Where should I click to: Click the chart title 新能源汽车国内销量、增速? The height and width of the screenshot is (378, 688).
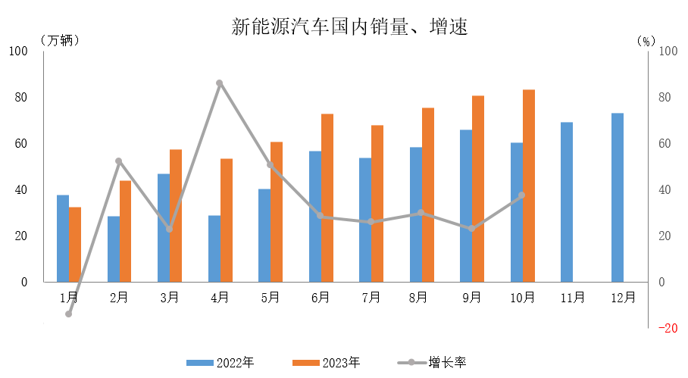(x=349, y=28)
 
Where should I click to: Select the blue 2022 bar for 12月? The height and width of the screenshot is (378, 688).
(x=618, y=198)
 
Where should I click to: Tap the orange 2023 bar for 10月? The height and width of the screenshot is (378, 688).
(x=529, y=186)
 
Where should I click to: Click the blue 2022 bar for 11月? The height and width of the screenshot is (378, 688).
(x=567, y=201)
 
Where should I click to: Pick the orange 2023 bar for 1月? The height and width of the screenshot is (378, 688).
(x=75, y=244)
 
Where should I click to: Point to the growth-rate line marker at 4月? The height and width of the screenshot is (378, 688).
(x=220, y=83)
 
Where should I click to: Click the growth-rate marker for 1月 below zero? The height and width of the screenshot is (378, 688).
(x=69, y=314)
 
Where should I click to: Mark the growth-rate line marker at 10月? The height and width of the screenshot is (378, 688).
(x=521, y=195)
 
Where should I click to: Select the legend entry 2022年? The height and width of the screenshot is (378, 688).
(x=220, y=363)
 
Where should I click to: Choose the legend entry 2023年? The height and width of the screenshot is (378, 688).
(x=327, y=363)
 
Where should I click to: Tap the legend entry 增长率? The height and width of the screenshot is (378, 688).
(x=433, y=363)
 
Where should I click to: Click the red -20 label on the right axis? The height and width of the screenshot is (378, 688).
(x=668, y=329)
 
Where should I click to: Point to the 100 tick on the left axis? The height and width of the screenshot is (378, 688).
(x=17, y=52)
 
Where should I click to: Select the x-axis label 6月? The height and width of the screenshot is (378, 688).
(x=321, y=298)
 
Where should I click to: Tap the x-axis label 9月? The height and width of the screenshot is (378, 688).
(x=472, y=298)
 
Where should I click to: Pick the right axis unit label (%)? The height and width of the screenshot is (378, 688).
(x=646, y=40)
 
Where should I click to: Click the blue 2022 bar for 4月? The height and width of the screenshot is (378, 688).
(x=214, y=248)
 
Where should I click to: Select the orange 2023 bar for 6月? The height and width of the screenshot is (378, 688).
(x=327, y=198)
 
